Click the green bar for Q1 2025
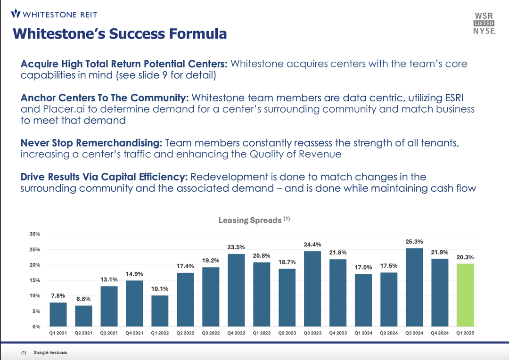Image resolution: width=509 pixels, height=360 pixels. click(465, 295)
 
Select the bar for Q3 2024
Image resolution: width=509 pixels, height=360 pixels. click(414, 287)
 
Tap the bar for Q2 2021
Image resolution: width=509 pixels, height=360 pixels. click(83, 316)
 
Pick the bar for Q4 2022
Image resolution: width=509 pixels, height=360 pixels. click(236, 290)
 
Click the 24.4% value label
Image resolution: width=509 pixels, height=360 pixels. click(312, 244)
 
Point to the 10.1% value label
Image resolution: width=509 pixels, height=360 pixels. click(160, 288)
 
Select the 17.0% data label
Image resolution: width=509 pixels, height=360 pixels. click(363, 267)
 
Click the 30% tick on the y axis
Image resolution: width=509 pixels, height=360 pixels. click(35, 234)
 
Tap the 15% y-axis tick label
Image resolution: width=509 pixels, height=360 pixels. click(35, 280)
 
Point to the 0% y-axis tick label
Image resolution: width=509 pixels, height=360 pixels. click(37, 327)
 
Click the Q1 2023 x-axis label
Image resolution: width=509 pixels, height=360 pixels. click(262, 333)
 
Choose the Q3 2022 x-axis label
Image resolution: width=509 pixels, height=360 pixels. click(211, 333)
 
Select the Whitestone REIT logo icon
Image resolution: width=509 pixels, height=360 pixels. click(16, 13)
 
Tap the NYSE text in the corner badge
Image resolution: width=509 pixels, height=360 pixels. click(484, 31)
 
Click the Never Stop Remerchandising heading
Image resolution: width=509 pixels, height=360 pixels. click(91, 143)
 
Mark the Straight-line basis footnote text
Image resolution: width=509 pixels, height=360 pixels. click(50, 352)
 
